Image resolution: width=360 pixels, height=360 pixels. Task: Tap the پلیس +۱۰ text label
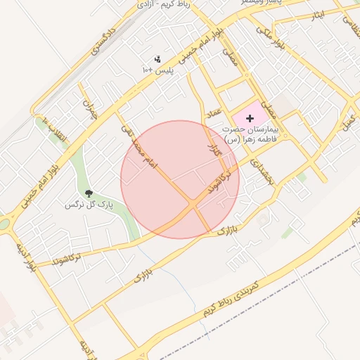pos(157,70)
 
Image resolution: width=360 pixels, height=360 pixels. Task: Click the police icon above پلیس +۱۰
pos(157,60)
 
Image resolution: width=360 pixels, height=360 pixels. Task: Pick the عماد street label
pos(214,112)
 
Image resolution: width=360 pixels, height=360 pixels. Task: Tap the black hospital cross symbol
pos(250,118)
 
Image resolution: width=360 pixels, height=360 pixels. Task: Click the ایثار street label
pos(319,15)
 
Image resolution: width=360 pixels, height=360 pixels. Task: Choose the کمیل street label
pos(347,120)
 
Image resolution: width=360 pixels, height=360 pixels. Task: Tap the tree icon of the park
pos(89,193)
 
